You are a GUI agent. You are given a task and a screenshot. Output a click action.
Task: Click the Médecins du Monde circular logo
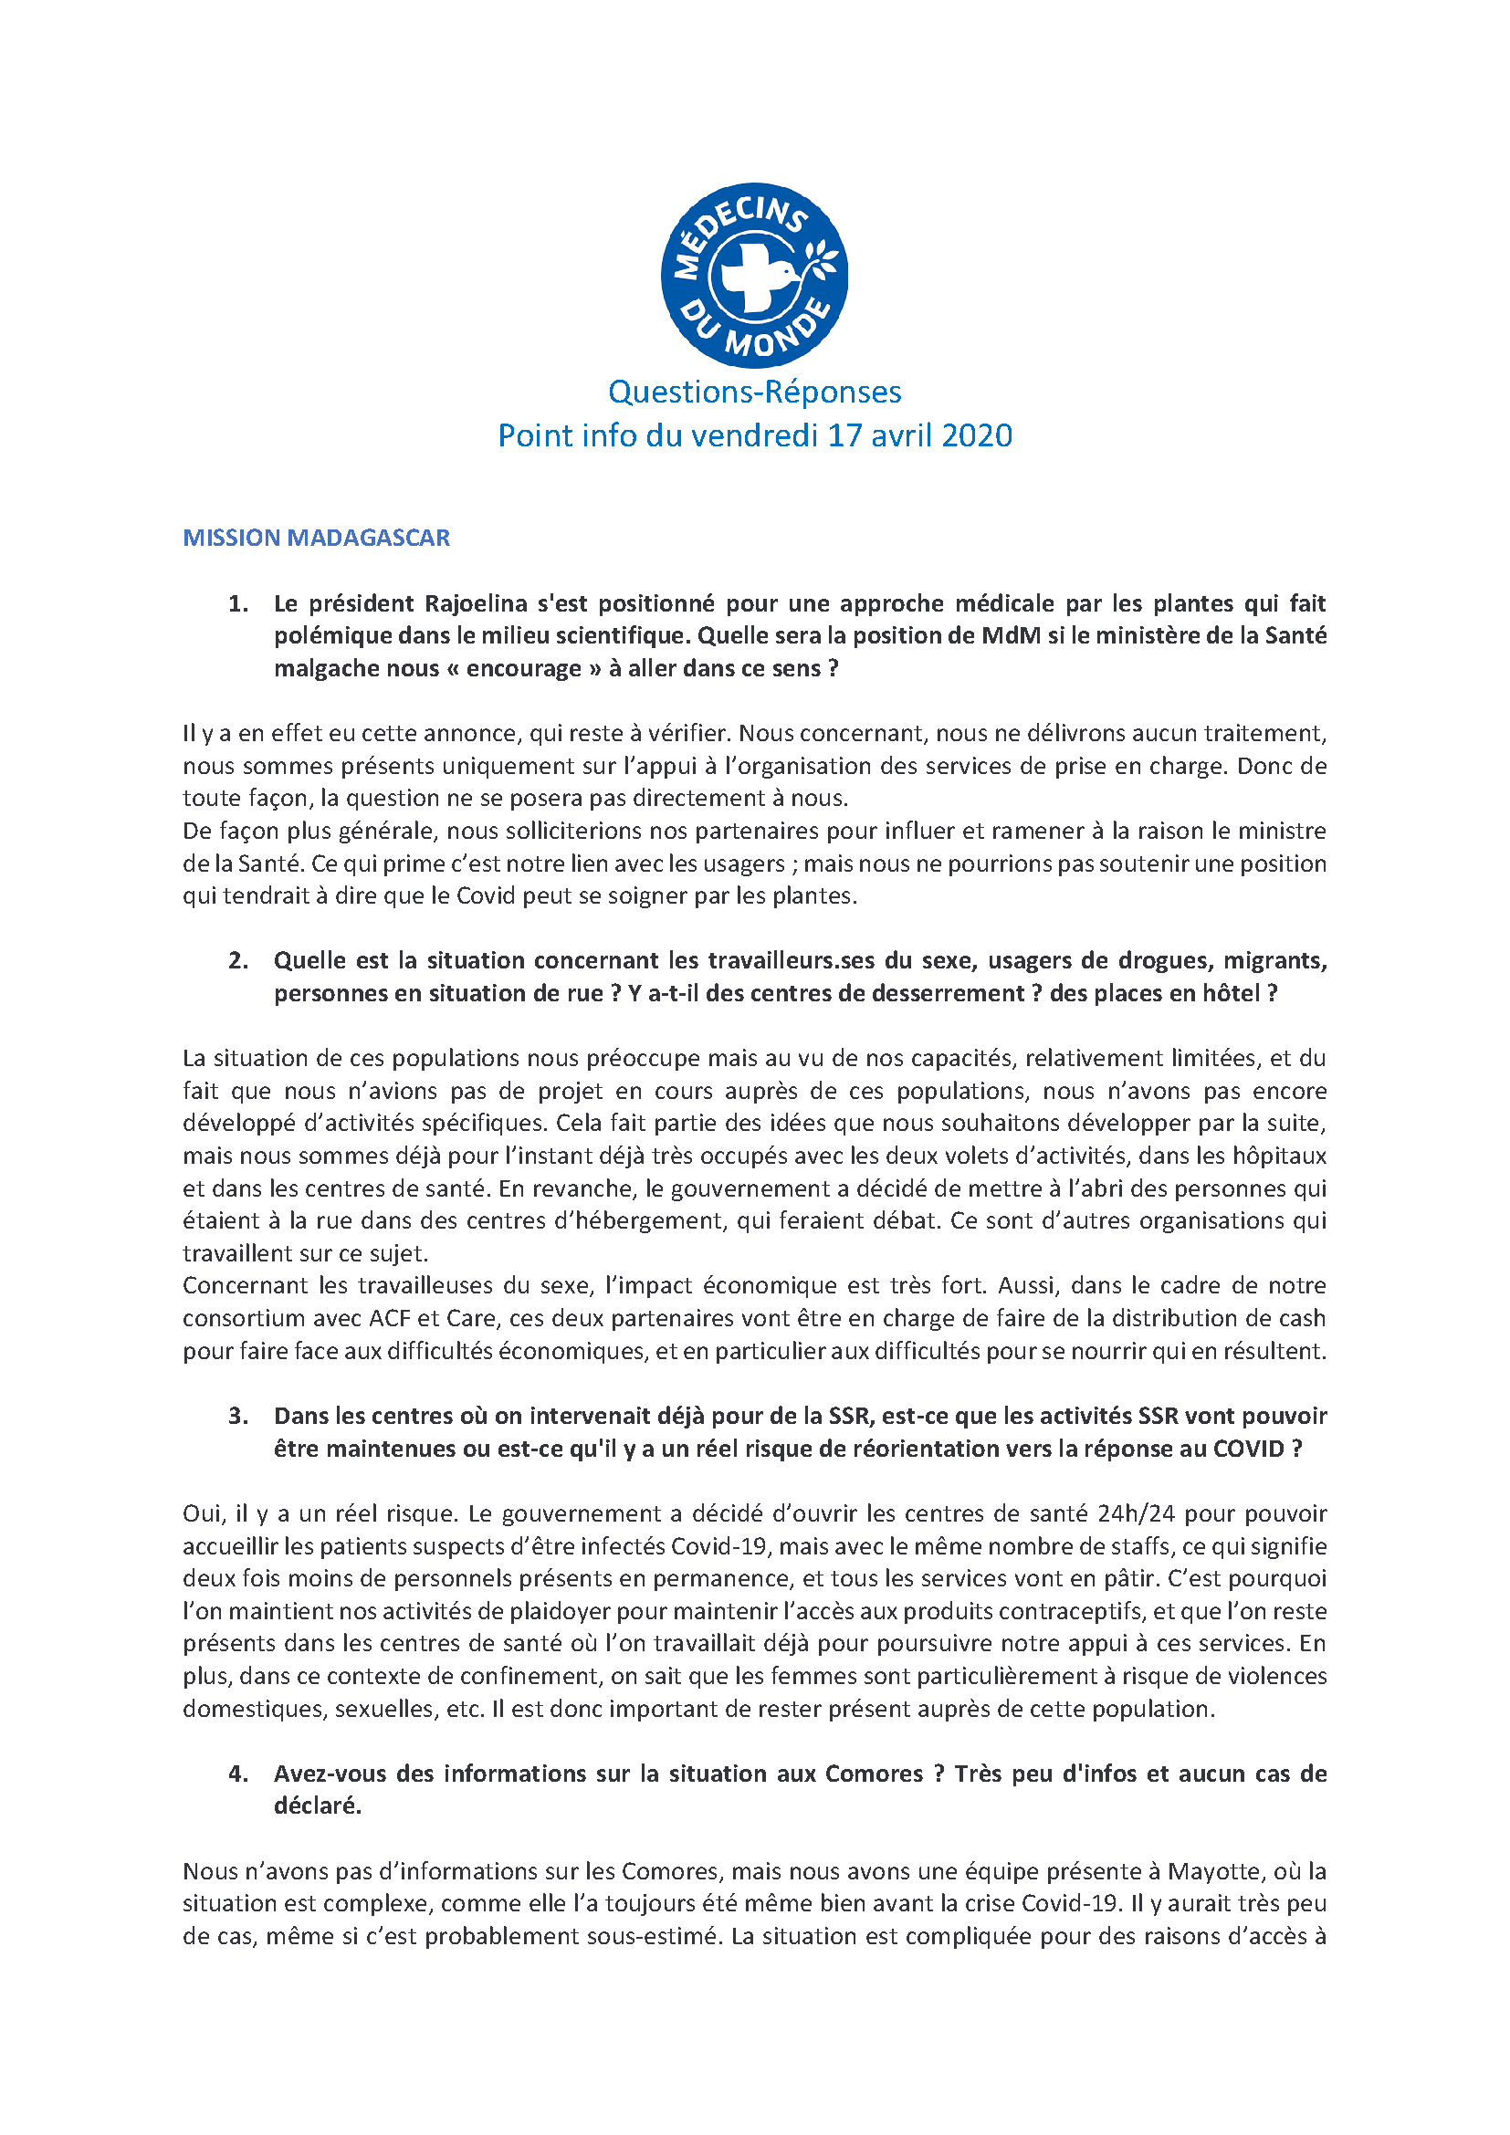pyautogui.click(x=754, y=276)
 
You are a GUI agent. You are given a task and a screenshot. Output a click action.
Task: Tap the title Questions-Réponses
pyautogui.click(x=754, y=392)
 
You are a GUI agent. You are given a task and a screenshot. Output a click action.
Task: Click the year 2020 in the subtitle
pyautogui.click(x=975, y=435)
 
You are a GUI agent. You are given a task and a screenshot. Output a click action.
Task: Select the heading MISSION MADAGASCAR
pyautogui.click(x=316, y=538)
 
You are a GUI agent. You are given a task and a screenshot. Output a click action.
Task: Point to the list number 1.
pyautogui.click(x=238, y=603)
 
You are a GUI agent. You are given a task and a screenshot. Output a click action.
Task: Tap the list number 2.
pyautogui.click(x=238, y=960)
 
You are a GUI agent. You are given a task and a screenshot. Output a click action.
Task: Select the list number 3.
pyautogui.click(x=238, y=1416)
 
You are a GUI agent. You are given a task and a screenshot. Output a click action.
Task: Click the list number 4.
pyautogui.click(x=238, y=1774)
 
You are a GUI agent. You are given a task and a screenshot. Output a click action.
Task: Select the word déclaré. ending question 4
pyautogui.click(x=317, y=1805)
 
